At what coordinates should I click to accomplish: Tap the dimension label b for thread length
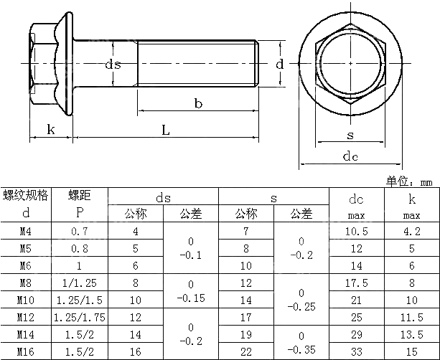coord(198,105)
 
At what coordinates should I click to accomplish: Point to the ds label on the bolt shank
coord(113,65)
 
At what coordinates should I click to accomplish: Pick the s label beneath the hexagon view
coord(350,135)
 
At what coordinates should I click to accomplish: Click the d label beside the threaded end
coord(280,64)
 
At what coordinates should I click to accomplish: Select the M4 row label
coord(25,231)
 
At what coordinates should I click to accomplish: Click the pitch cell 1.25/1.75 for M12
coord(78,316)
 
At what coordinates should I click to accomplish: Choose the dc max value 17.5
coord(357,283)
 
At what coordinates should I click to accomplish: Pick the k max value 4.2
coord(412,231)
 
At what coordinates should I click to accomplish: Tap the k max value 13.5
coord(412,333)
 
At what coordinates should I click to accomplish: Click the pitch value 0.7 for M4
coord(78,231)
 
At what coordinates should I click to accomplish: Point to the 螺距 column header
coord(78,195)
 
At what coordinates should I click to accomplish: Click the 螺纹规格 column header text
coord(25,195)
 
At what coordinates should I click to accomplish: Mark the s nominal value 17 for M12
coord(246,316)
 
